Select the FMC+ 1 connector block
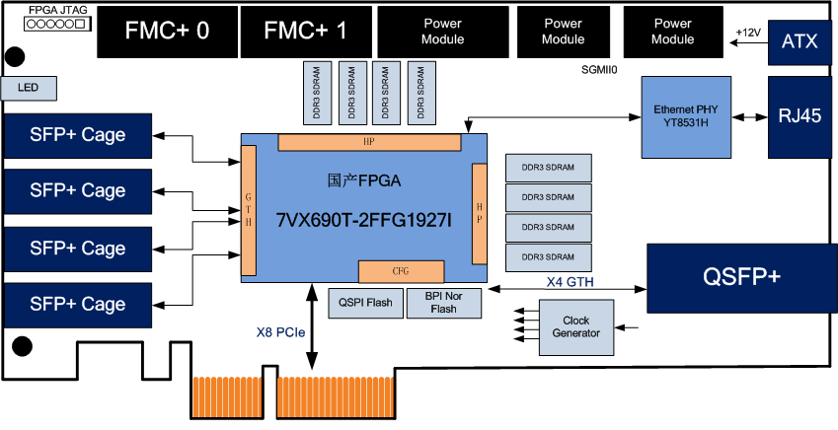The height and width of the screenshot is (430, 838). tap(305, 31)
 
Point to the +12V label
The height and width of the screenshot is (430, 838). tap(748, 33)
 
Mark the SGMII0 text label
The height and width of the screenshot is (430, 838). tap(599, 71)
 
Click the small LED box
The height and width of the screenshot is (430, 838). tap(29, 89)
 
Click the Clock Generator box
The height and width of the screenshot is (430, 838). tap(574, 327)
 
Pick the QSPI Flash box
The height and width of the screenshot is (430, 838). tap(364, 303)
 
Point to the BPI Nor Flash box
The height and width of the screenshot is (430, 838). tap(443, 303)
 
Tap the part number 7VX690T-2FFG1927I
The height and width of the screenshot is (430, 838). tap(364, 219)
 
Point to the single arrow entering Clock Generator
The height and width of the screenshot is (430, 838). tap(629, 327)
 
